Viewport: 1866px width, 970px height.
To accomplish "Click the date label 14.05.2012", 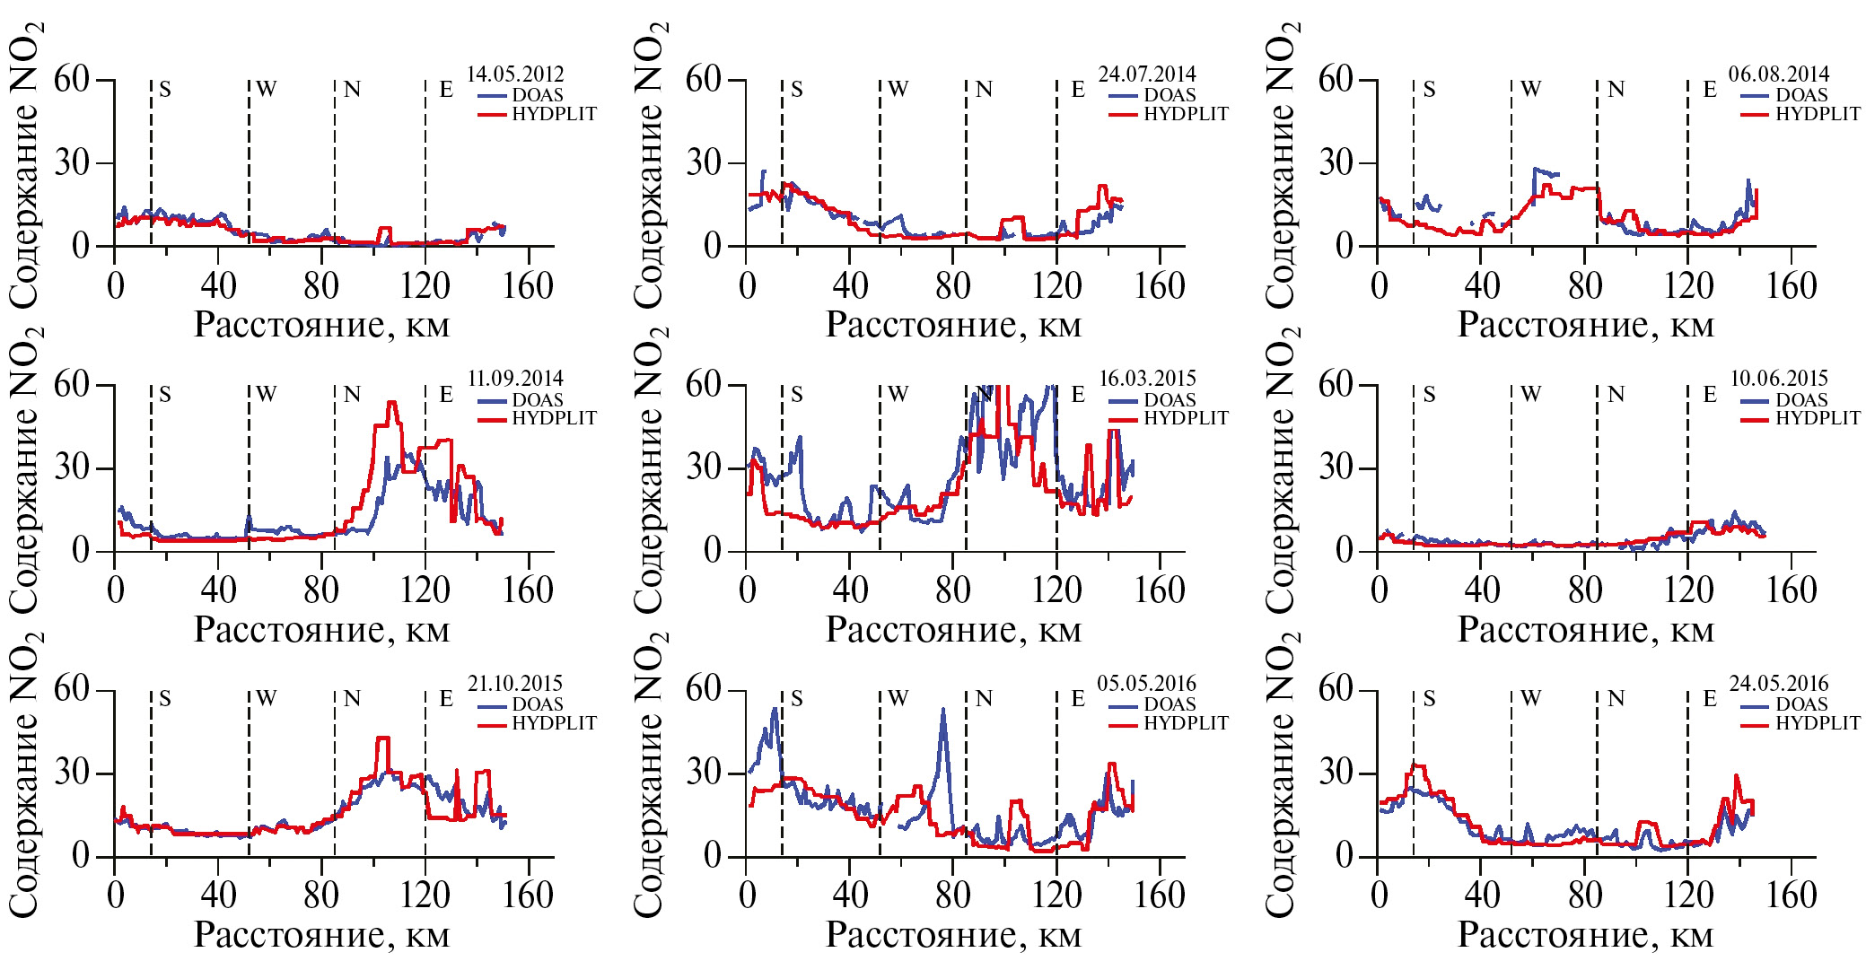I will click(515, 74).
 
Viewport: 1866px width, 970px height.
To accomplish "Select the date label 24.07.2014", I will click(1147, 74).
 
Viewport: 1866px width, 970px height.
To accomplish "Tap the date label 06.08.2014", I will click(1779, 74).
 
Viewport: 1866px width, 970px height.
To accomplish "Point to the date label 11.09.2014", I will click(515, 379).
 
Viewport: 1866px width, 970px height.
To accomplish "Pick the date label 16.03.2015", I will click(1147, 379).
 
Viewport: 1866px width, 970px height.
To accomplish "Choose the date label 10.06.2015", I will click(1779, 379).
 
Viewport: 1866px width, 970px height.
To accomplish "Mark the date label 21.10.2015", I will click(515, 684).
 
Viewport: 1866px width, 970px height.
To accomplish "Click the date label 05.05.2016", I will click(1147, 684).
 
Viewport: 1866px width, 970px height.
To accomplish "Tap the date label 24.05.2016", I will click(1779, 684).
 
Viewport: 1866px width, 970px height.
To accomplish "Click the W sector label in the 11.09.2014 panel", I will click(267, 394).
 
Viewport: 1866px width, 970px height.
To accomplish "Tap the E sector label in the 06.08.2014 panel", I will click(1710, 90).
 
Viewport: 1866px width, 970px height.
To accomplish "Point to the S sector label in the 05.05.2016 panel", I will click(797, 699).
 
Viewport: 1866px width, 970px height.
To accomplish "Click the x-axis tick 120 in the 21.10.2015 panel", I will click(425, 896).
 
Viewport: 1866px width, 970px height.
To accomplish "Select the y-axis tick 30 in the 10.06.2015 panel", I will click(1336, 468).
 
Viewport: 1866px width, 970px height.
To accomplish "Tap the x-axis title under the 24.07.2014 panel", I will click(953, 325).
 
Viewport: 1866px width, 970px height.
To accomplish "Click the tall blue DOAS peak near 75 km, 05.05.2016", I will click(942, 711).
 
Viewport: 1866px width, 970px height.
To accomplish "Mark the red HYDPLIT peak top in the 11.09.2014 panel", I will click(391, 403).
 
